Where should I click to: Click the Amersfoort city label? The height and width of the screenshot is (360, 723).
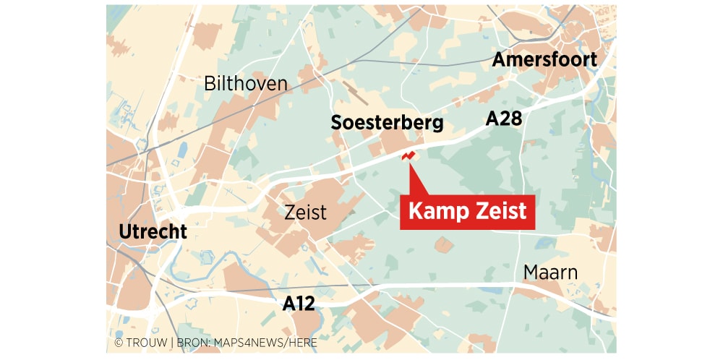coord(544,60)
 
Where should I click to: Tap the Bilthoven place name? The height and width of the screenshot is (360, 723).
coord(245,84)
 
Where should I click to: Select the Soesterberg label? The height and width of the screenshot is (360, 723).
coord(387,123)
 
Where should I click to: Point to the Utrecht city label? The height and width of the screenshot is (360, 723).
coord(153,232)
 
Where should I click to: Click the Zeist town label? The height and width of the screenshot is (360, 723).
coord(306,213)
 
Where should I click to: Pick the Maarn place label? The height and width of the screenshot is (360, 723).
coord(550,273)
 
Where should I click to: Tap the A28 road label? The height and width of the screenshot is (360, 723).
coord(503,119)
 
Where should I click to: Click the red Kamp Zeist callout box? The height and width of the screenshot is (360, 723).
coord(468,213)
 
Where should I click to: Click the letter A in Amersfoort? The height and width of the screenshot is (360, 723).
coord(499,60)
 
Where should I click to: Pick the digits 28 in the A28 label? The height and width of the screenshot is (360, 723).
coord(511,119)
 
